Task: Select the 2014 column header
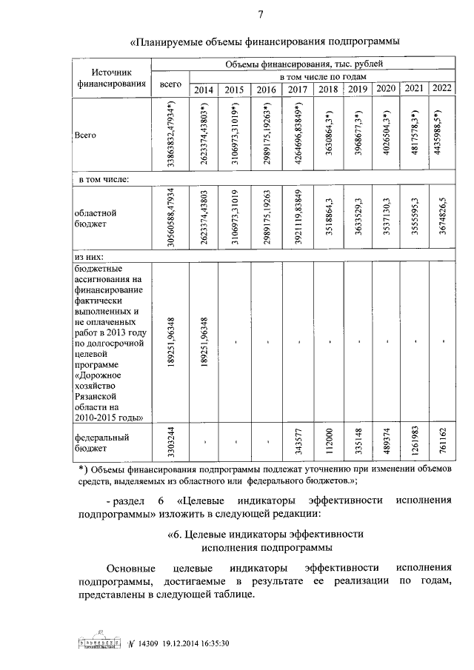[204, 90]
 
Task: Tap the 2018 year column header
[327, 90]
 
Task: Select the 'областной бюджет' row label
[96, 217]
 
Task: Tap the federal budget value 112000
[329, 443]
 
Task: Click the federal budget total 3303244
[171, 443]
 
